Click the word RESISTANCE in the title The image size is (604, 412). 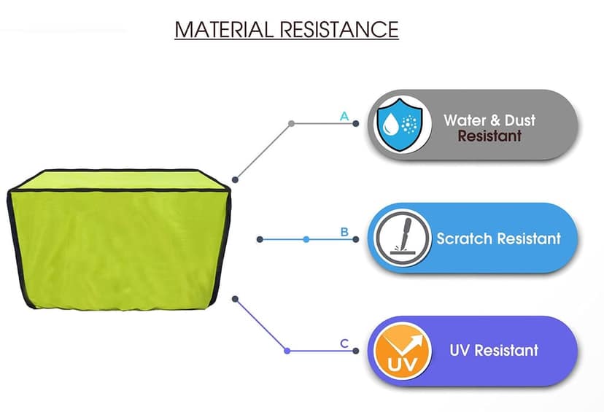339,29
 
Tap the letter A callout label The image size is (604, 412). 344,116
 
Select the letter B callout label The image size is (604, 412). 344,232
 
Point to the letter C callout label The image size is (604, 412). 344,343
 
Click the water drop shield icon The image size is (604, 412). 400,124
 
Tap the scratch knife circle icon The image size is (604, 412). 403,238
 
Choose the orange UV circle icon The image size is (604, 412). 403,351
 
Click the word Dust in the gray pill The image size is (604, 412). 520,120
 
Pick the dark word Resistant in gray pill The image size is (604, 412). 489,136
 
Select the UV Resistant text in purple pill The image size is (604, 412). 494,350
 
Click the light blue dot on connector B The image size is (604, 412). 306,239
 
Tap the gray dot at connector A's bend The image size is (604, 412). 292,124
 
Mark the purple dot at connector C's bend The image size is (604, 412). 287,351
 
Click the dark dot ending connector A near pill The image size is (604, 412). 355,124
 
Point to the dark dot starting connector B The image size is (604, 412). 260,239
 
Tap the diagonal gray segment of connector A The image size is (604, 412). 263,152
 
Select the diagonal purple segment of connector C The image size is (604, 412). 261,325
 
